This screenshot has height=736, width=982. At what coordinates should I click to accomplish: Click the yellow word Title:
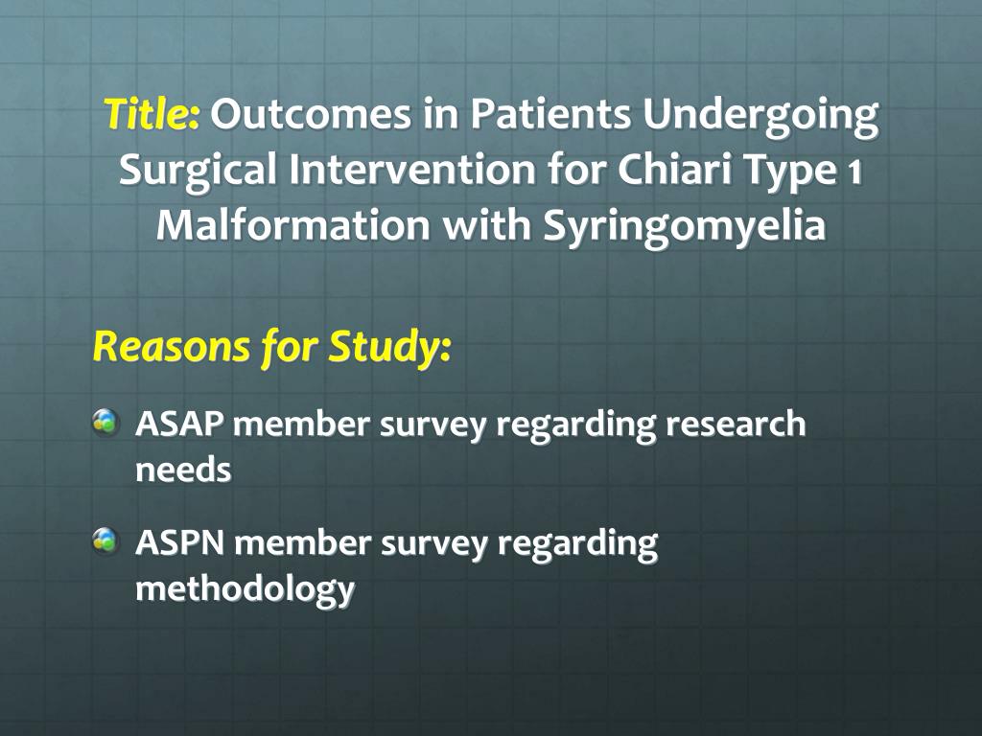[x=152, y=114]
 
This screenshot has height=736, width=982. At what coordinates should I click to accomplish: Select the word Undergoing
[x=760, y=116]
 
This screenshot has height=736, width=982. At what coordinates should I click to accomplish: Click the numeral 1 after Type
[x=854, y=172]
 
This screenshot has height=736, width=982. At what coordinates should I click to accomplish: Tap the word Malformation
[x=292, y=226]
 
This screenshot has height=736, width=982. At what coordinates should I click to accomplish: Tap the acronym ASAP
[x=179, y=424]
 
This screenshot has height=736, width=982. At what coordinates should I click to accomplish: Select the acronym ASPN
[x=180, y=542]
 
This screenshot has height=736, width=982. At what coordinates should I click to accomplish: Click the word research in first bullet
[x=736, y=424]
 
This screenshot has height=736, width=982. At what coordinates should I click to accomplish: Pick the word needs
[x=183, y=471]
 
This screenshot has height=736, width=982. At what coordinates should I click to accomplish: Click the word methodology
[x=245, y=589]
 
